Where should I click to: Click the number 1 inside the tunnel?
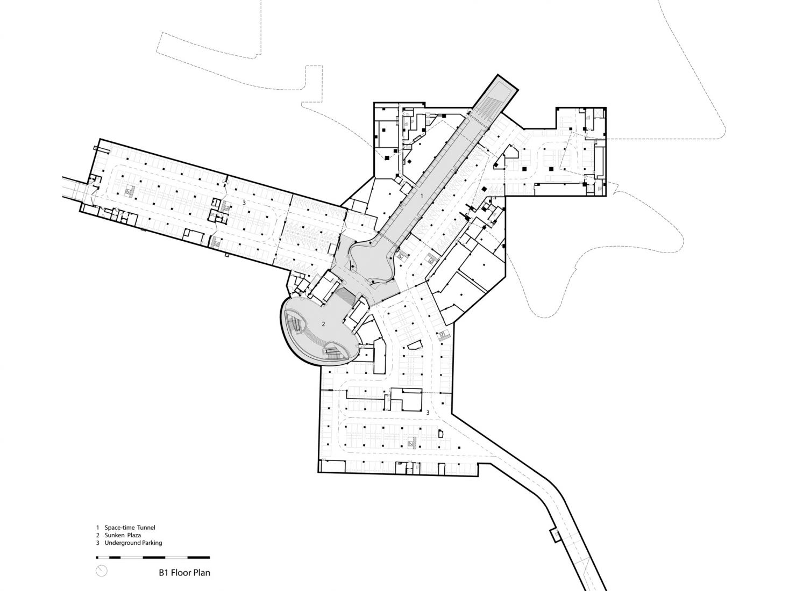click(x=422, y=196)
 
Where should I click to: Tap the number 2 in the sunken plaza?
click(x=323, y=324)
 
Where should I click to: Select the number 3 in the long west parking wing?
click(x=244, y=203)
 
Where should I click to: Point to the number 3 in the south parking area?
click(x=428, y=413)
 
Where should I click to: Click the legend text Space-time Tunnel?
click(x=130, y=528)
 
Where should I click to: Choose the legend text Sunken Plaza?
click(x=123, y=535)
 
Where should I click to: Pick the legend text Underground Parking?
click(x=133, y=543)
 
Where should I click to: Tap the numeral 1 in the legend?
click(x=97, y=528)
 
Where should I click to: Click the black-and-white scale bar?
click(x=153, y=557)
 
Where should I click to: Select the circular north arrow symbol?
click(x=102, y=571)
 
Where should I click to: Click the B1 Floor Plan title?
click(x=184, y=572)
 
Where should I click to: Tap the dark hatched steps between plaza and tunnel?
click(x=347, y=297)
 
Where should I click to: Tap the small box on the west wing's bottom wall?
click(x=227, y=255)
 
